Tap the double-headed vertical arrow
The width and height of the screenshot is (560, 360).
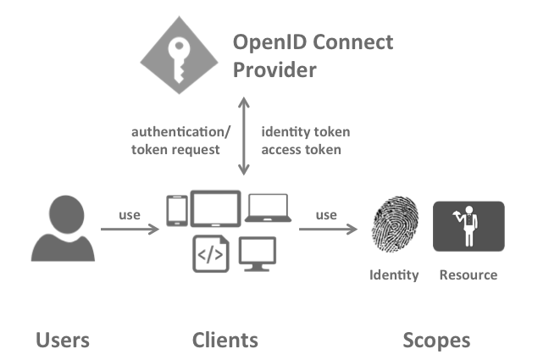245,136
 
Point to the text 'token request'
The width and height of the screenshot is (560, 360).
175,150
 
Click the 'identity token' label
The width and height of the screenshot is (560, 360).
305,132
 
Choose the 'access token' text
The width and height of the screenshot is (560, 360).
301,150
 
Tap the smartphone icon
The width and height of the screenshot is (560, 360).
176,212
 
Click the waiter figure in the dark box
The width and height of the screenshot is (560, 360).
468,226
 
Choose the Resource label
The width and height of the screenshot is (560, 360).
468,275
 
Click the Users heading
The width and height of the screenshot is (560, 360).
63,341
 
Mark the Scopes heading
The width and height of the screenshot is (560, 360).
435,341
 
